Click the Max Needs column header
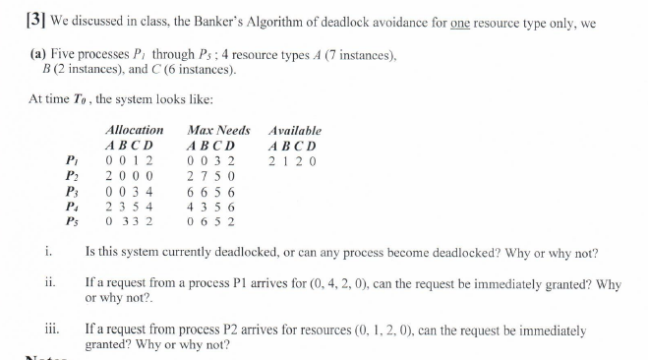217,130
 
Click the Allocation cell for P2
132,176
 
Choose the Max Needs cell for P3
209,191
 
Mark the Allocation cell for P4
132,207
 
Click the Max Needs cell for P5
209,221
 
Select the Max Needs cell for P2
209,176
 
